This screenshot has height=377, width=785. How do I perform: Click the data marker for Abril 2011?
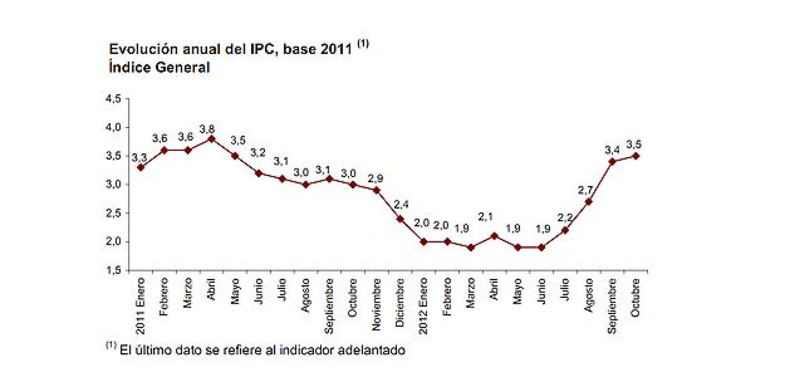click(211, 139)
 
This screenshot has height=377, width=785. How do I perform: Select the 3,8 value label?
click(207, 129)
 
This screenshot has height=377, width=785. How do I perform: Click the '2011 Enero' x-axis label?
click(141, 306)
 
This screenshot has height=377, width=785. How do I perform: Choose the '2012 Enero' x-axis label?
click(423, 306)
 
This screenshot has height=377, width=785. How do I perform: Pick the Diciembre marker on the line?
click(400, 219)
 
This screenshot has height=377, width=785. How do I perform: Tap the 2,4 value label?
click(401, 205)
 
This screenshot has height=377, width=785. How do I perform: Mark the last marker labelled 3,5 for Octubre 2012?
click(636, 156)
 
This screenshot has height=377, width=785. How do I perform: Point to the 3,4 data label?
click(612, 150)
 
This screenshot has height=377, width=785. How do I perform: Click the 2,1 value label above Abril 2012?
click(485, 217)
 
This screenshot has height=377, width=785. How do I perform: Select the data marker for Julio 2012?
click(565, 230)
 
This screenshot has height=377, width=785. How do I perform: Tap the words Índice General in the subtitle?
click(159, 67)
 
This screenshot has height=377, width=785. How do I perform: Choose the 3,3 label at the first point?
click(139, 158)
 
